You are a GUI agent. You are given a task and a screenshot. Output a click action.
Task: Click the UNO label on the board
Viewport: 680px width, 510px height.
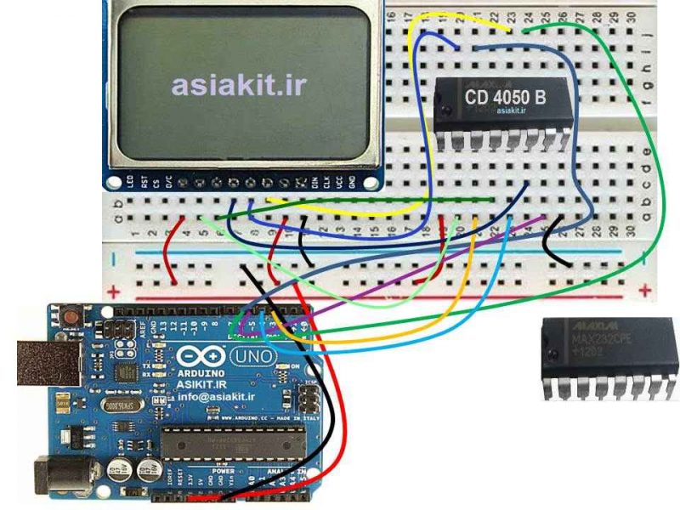(252, 354)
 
